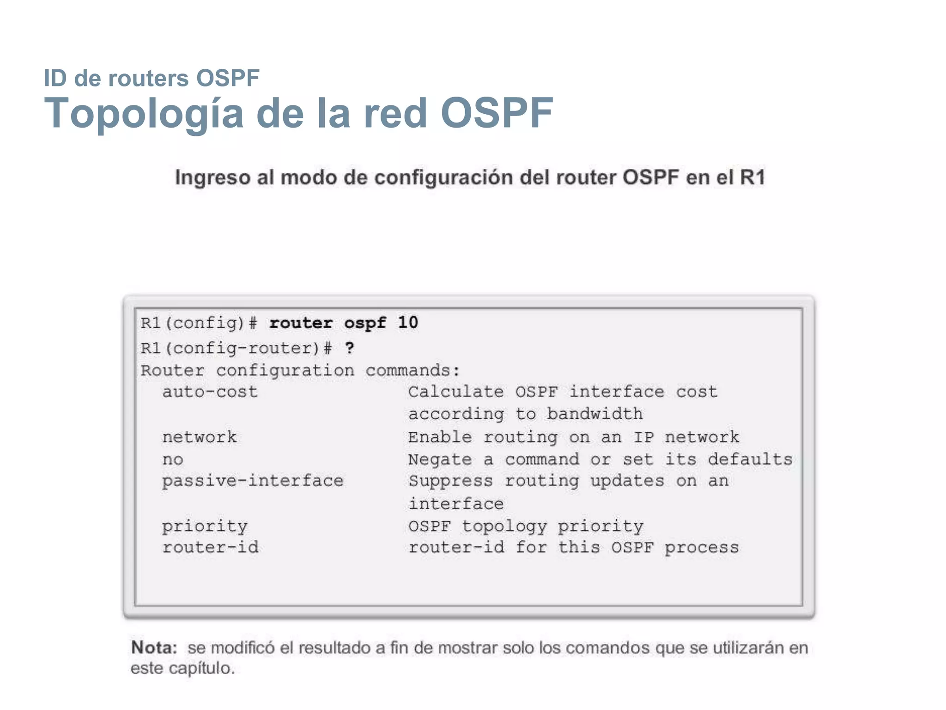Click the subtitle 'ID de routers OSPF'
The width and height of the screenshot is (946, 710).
pos(152,78)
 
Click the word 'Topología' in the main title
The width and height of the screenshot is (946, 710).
pos(144,113)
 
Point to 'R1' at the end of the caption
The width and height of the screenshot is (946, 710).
pos(752,177)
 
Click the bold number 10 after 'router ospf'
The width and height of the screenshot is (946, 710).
pos(408,323)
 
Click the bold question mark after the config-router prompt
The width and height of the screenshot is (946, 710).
pos(350,348)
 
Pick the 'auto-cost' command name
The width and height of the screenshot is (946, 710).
pos(210,392)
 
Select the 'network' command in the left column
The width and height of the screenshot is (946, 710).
pos(200,437)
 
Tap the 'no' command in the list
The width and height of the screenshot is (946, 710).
pos(173,459)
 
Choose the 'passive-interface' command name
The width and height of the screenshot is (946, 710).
pos(253,481)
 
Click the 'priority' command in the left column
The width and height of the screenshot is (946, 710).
pos(205,526)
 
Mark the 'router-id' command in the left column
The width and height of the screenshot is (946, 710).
pos(210,548)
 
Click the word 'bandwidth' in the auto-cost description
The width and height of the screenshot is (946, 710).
pos(594,414)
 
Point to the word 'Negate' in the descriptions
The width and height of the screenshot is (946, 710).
pos(440,459)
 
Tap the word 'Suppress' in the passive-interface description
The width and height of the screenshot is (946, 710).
pos(450,481)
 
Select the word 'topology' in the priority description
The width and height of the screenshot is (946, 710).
pos(504,526)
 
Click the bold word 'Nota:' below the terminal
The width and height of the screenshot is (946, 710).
pos(154,648)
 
